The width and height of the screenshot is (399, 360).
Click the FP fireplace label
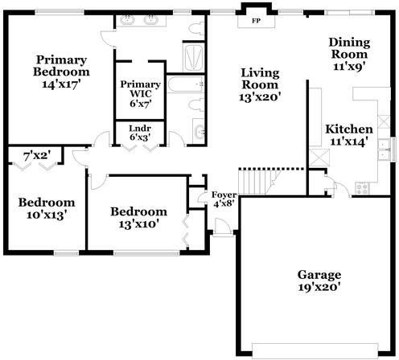coord(257,21)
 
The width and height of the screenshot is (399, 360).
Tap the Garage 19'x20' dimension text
coord(319,288)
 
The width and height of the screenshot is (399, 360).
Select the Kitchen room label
coord(349,129)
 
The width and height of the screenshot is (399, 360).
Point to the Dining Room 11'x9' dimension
coord(350,67)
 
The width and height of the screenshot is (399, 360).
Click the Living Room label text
coord(260,79)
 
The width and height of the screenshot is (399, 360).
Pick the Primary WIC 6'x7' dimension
coord(141,104)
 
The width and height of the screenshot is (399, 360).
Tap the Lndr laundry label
coord(140,129)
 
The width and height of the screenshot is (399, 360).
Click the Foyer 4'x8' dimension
coord(224,204)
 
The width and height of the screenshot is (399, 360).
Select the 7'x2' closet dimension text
coord(37,156)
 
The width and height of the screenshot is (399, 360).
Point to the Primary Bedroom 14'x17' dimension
coord(61,84)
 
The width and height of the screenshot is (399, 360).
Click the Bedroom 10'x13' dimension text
coord(47,215)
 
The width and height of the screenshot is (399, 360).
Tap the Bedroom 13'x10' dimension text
coord(139,224)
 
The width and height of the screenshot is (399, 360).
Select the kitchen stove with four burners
coord(362,188)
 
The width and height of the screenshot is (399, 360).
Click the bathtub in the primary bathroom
coord(186,84)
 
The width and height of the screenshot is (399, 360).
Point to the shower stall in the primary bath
coord(193,58)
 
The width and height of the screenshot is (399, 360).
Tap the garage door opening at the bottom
coord(315,350)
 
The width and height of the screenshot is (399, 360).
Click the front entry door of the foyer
coord(223,227)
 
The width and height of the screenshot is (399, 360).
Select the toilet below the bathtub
coord(196,104)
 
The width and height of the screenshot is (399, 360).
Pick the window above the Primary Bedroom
coord(60,12)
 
